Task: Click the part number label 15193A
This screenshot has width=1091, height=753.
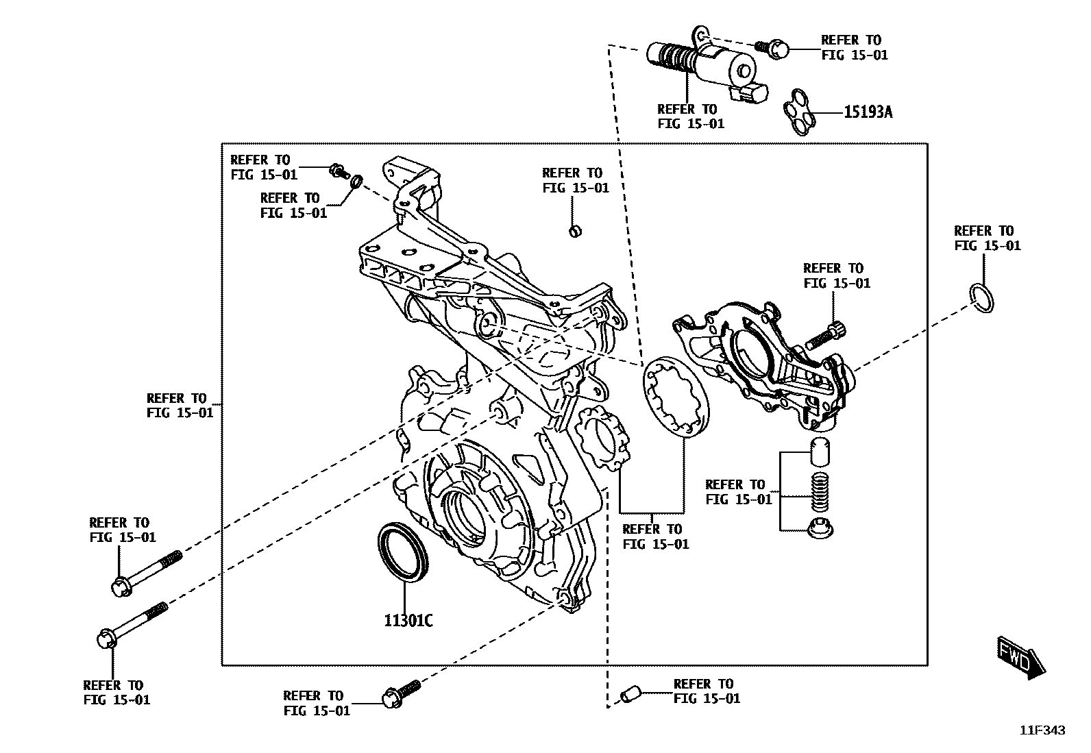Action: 868,112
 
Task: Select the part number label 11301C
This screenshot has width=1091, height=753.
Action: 408,621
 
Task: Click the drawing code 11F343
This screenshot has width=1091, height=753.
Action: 1042,731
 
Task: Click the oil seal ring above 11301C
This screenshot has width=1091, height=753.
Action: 404,550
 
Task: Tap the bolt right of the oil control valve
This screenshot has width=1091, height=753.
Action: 773,48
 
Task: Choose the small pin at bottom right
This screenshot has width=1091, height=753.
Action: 629,694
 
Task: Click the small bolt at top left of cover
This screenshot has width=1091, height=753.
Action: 337,169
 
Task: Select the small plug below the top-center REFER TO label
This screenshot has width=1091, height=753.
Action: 575,230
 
